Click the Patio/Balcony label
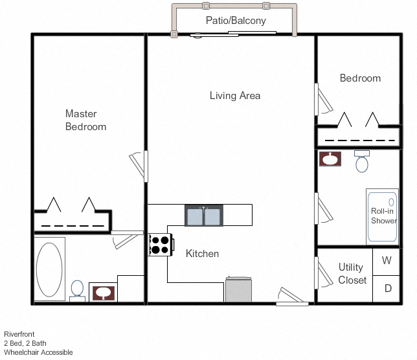click(235, 21)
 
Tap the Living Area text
click(235, 96)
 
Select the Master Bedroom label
click(85, 120)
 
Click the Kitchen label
click(202, 254)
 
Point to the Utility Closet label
click(352, 274)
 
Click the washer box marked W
click(387, 262)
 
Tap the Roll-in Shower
click(383, 216)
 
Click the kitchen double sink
click(204, 215)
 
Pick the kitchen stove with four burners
click(161, 244)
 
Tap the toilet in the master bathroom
click(77, 289)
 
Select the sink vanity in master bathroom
click(103, 293)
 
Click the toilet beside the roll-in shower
click(362, 161)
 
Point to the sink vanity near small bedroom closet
click(330, 159)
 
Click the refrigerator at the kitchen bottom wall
click(238, 289)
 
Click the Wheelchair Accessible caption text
click(38, 353)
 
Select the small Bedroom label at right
click(360, 78)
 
